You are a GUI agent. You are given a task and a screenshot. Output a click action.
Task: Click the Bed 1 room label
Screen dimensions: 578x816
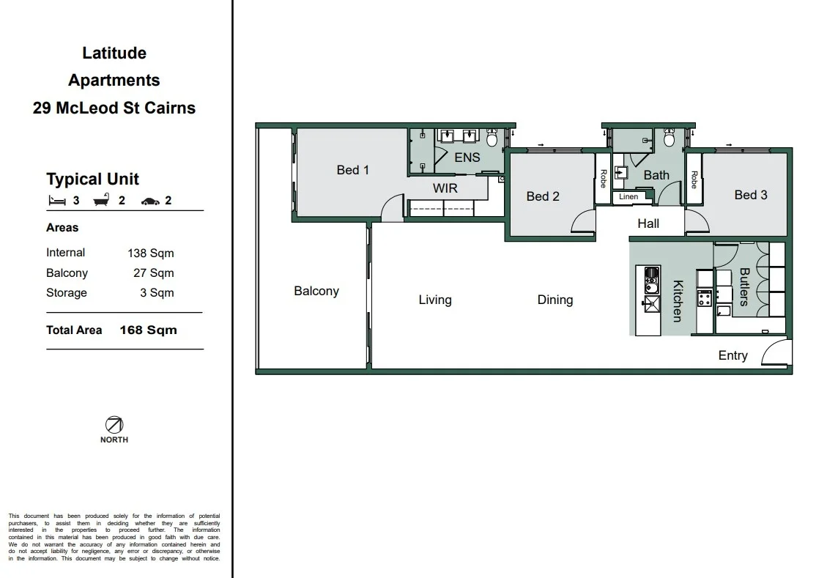352,170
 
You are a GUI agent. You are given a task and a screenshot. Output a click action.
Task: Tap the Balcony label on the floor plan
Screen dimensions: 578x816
316,291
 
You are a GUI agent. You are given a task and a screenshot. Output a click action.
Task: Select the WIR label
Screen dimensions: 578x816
445,188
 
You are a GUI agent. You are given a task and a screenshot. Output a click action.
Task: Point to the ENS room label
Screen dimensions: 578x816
467,158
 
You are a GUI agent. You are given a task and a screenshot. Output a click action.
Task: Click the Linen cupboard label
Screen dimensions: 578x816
628,197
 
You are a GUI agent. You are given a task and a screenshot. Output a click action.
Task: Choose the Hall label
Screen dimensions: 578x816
648,224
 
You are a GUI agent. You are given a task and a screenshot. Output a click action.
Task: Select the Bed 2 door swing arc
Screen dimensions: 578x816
582,222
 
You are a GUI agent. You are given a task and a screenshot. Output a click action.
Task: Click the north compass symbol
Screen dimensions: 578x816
114,424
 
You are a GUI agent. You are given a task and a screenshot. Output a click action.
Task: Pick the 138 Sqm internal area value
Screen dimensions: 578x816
150,253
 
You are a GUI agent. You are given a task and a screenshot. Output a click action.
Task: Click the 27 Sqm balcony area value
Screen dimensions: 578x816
153,273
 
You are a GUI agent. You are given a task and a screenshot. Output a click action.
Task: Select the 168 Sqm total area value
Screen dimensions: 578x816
148,330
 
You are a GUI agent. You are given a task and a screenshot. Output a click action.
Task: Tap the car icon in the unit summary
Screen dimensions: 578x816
150,201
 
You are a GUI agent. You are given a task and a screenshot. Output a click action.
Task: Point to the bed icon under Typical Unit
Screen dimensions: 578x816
56,200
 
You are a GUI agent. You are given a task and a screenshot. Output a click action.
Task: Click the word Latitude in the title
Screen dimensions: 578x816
114,53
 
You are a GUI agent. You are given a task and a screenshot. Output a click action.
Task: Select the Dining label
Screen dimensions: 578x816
554,300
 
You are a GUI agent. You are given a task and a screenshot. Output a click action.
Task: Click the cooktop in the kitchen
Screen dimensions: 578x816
704,298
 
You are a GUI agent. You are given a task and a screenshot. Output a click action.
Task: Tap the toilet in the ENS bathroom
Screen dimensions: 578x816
492,138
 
